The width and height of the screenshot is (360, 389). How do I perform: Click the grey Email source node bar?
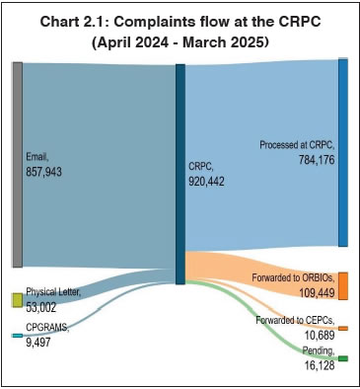(x=17, y=164)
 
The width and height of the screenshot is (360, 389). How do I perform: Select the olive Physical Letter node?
(x=17, y=299)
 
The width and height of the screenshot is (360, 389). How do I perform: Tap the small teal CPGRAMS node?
(x=17, y=337)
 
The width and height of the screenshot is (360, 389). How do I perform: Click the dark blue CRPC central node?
(x=180, y=174)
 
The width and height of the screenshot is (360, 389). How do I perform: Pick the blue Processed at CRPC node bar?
(x=342, y=152)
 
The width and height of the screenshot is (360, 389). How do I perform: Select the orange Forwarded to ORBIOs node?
(x=342, y=284)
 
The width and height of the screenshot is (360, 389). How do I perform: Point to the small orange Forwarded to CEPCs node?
(x=342, y=328)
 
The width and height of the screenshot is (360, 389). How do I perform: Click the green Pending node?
(x=342, y=358)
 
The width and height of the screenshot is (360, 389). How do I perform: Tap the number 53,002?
(x=43, y=307)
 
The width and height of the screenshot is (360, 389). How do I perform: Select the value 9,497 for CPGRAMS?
(x=39, y=344)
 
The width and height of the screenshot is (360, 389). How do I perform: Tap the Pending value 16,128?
(x=318, y=365)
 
